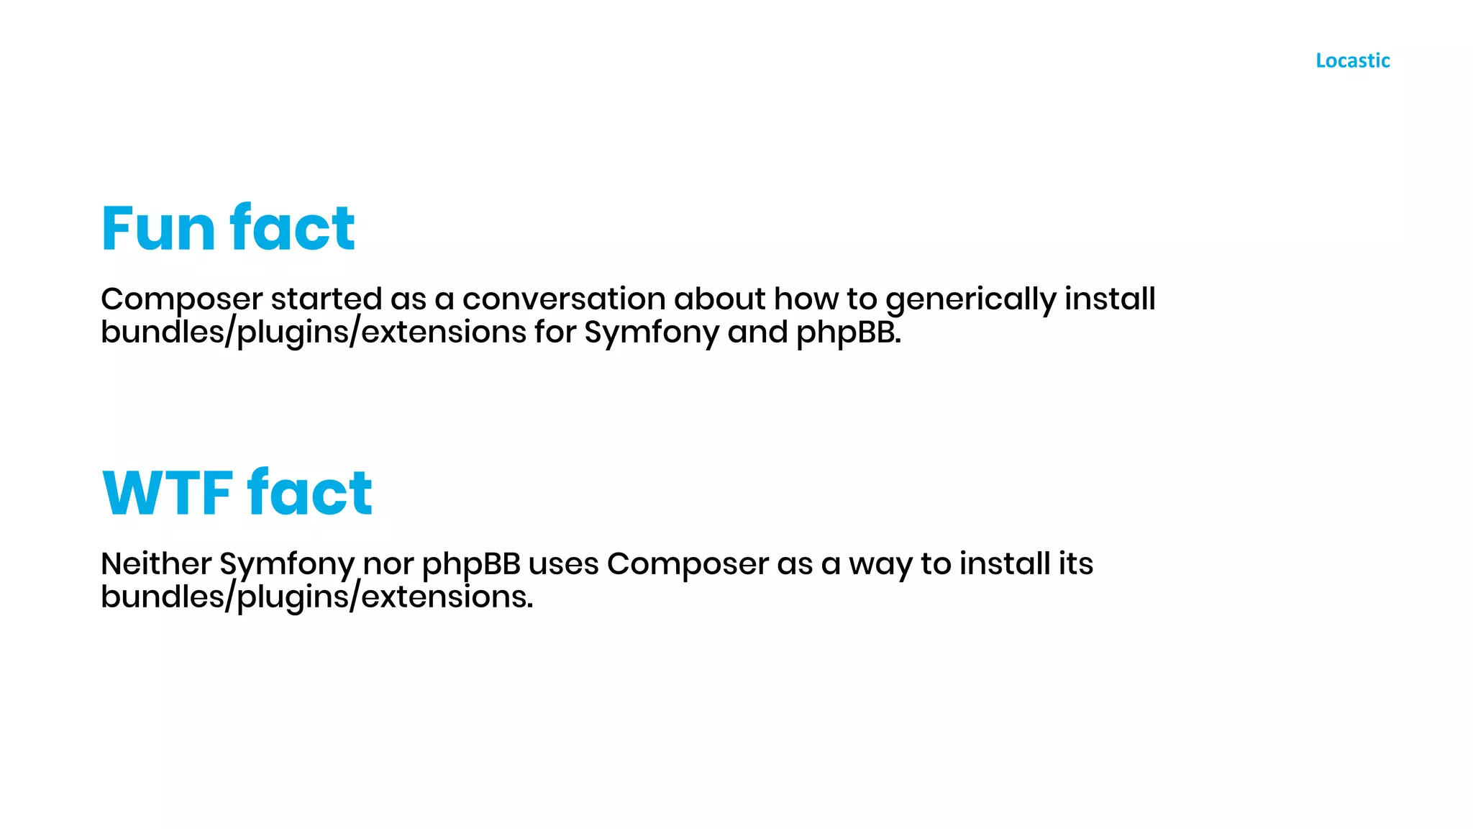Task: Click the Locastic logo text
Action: (x=1352, y=60)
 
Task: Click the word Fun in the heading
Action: (x=159, y=229)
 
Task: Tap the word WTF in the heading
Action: (x=168, y=494)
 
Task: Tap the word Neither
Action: (x=156, y=563)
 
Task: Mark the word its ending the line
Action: (x=1075, y=563)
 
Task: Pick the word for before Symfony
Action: (x=555, y=332)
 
